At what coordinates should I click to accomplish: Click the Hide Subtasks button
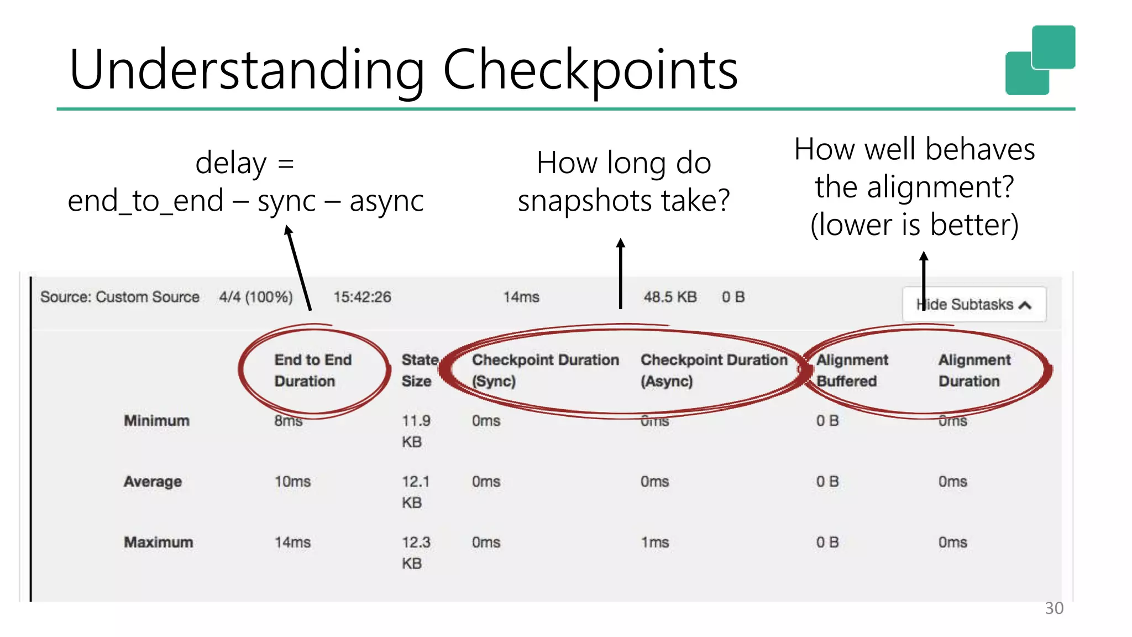point(974,305)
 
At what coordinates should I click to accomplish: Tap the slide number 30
point(1054,608)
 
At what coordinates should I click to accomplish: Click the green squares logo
point(1040,60)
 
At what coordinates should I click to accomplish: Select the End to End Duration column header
point(313,370)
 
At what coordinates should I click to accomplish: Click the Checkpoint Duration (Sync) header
point(545,370)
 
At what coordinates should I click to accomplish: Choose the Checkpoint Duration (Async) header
point(714,370)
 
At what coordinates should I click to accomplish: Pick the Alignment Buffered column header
point(852,370)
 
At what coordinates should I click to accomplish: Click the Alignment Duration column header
point(974,370)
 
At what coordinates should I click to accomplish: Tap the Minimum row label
point(156,421)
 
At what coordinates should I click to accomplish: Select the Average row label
point(153,482)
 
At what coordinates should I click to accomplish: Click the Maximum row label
point(159,542)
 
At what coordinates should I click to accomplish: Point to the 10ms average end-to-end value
point(292,482)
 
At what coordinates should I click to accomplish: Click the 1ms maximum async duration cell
point(654,542)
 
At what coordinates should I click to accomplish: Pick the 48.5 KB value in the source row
point(670,297)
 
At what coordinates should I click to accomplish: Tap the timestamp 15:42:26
point(362,297)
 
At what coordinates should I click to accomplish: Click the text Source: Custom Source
point(119,297)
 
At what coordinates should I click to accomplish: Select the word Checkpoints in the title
point(590,70)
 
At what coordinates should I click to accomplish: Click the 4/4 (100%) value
point(255,297)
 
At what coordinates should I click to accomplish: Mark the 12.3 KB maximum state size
point(416,552)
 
